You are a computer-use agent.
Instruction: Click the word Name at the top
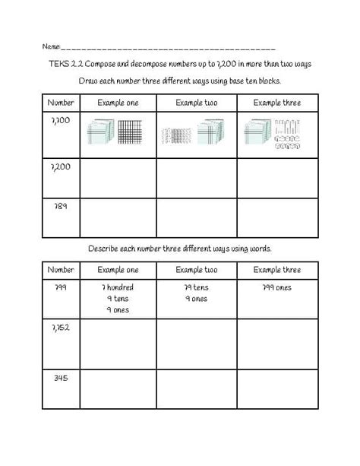coord(49,46)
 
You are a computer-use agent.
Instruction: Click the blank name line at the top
coord(167,48)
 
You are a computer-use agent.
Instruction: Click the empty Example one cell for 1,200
coord(115,176)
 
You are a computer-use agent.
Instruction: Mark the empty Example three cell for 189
coord(277,217)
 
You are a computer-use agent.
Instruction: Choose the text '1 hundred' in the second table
coord(115,288)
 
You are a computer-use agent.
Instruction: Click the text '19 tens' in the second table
coord(196,288)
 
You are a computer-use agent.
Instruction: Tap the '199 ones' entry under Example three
coord(276,288)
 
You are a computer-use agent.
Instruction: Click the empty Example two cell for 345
coord(197,388)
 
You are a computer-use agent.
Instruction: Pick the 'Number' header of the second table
coord(61,270)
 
